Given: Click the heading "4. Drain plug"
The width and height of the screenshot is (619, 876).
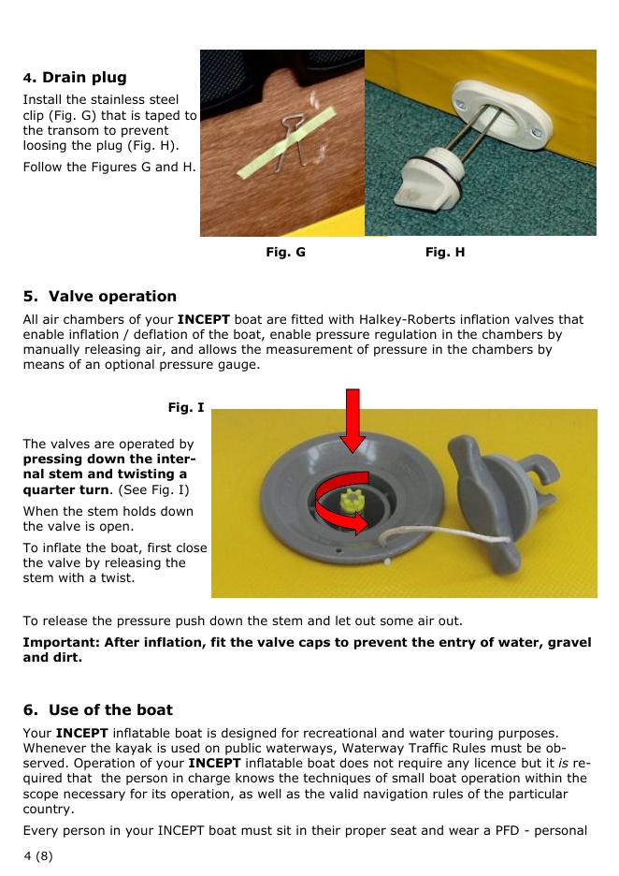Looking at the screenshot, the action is point(75,77).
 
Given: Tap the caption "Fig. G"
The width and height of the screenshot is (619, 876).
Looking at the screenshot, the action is point(286,252).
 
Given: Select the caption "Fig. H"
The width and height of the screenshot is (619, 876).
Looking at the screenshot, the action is point(445,252).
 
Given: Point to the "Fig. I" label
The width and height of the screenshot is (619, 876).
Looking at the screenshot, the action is point(186,407).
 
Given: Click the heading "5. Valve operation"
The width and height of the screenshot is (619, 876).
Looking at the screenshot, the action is point(100,296).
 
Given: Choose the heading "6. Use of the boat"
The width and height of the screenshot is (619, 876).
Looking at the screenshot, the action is point(98,709).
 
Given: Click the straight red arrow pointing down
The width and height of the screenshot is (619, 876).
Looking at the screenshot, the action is point(353,420).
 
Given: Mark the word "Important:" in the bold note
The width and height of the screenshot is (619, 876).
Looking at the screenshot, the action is point(61,642).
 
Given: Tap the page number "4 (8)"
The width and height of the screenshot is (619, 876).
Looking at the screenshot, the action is point(38,855).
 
